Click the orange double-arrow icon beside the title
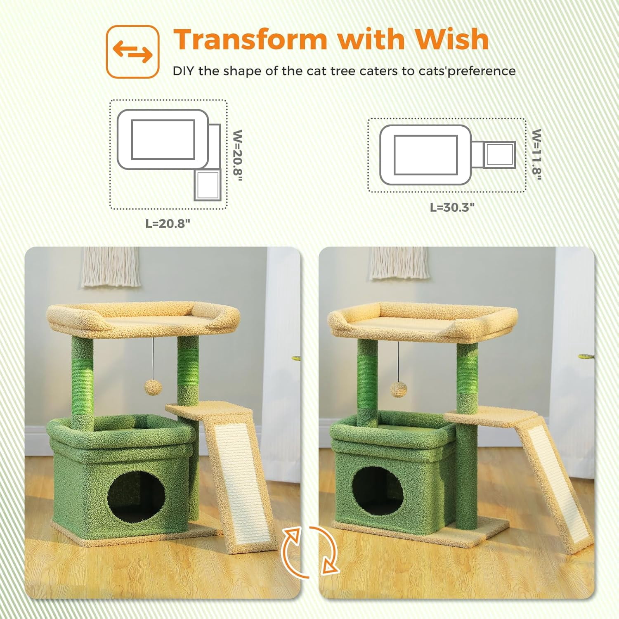point(132,52)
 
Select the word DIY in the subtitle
point(184,71)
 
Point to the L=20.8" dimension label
point(168,224)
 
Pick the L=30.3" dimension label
point(452,207)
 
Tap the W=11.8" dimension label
point(536,154)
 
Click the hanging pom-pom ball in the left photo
point(153,386)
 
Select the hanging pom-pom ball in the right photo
point(399,389)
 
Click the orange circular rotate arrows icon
point(310,551)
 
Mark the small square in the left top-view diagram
point(208,185)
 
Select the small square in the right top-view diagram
point(500,154)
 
